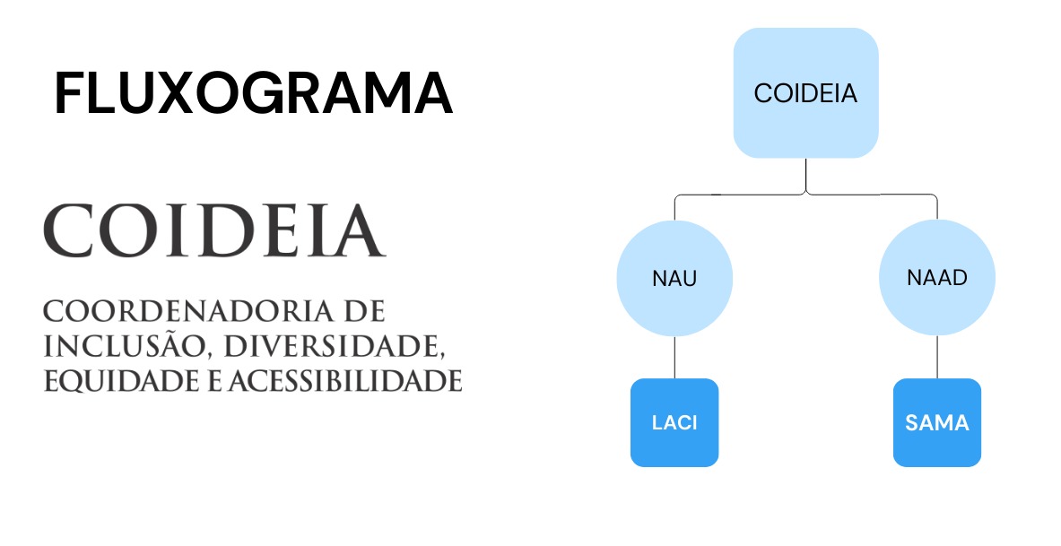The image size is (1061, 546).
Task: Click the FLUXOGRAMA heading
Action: click(253, 92)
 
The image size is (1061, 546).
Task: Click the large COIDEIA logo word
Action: click(214, 230)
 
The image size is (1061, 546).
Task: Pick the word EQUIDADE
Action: click(122, 382)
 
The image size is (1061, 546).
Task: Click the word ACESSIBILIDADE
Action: click(345, 381)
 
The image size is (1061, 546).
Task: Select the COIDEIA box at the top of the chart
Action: click(806, 92)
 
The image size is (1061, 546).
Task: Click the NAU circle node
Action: click(674, 278)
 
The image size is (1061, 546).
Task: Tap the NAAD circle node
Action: click(937, 277)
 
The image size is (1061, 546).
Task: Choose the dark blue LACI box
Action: click(674, 423)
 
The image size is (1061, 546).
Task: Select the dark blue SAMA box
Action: click(937, 423)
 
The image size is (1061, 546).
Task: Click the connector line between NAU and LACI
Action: click(674, 357)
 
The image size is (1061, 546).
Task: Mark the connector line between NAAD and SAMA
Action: click(937, 357)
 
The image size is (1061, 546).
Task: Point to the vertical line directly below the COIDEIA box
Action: click(806, 176)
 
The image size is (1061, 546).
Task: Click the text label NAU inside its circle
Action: click(674, 278)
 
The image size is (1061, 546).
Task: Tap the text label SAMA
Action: click(937, 423)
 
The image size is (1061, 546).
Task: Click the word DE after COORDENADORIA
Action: click(365, 311)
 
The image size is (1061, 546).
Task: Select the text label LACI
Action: click(674, 423)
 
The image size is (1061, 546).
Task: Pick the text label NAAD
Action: click(937, 277)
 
